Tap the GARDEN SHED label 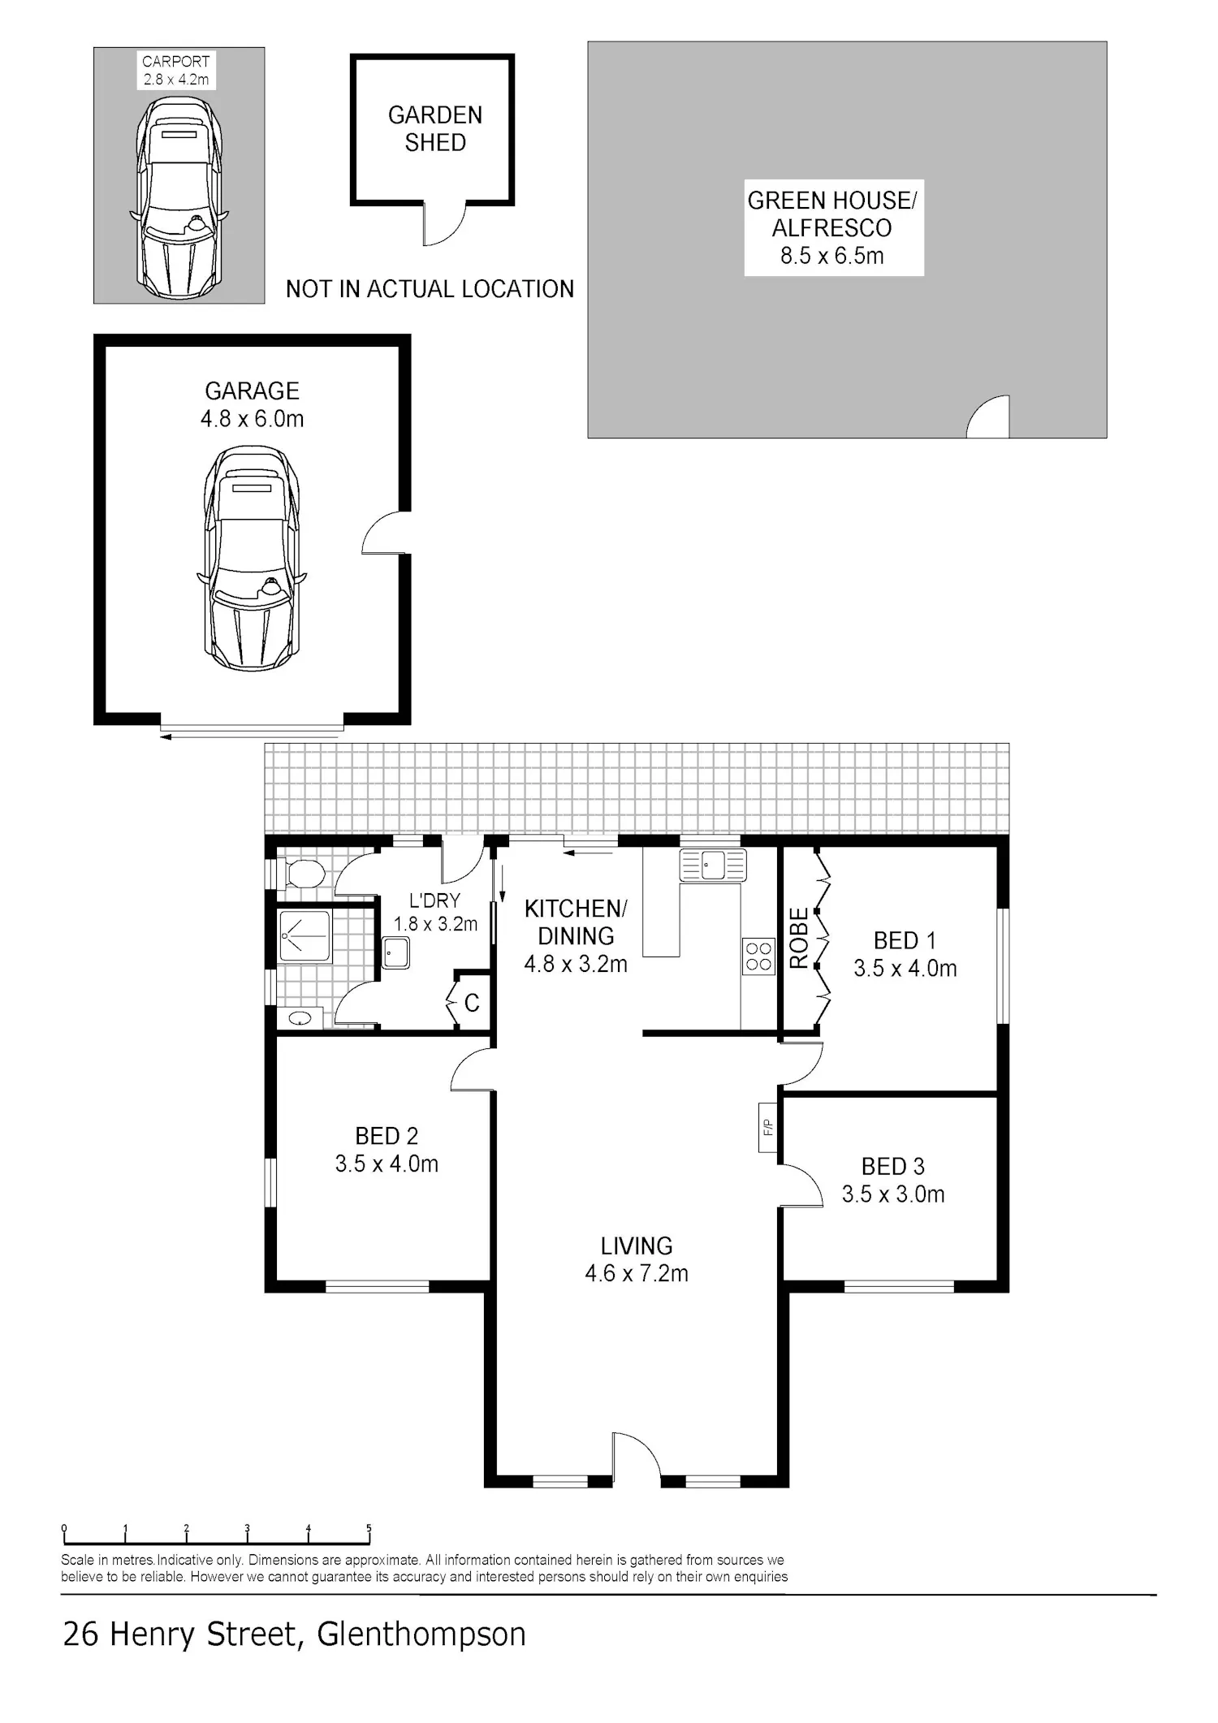(x=435, y=128)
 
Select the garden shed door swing (x=444, y=223)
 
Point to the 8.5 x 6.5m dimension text (x=832, y=256)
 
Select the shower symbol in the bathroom (x=304, y=935)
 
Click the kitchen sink (x=712, y=866)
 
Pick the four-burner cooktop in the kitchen (x=758, y=956)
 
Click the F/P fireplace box (x=768, y=1127)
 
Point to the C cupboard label (x=472, y=1003)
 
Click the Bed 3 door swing (x=801, y=1185)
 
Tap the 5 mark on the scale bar (x=369, y=1528)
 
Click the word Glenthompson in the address (x=421, y=1634)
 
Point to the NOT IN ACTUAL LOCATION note (x=430, y=289)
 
